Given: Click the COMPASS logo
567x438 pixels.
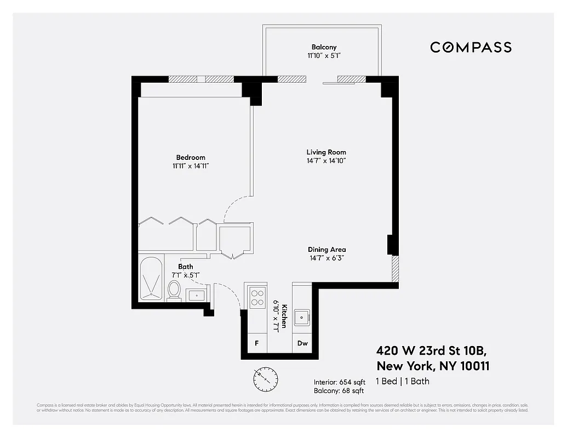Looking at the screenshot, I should [x=471, y=47].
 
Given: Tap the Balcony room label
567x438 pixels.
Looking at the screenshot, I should [x=324, y=47].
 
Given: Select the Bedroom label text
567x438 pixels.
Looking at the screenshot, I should [x=191, y=158].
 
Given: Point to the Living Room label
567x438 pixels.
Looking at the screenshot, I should [x=326, y=152].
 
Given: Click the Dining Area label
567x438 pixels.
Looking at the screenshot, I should [x=327, y=250].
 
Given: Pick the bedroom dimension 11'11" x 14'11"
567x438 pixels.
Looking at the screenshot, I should [x=191, y=166].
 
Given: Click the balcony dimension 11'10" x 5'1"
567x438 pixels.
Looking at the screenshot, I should [x=324, y=56].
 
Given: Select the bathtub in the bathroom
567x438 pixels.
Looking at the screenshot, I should [x=151, y=279].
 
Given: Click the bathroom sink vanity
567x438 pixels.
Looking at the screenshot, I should [x=196, y=296].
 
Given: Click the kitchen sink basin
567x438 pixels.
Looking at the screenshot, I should [x=301, y=317].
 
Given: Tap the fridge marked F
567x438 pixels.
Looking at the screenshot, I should [x=256, y=344].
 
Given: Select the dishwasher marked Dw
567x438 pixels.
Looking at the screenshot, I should [x=302, y=344].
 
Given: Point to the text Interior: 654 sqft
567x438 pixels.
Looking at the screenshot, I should [x=339, y=382].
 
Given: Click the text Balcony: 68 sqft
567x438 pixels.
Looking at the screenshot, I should [x=339, y=391].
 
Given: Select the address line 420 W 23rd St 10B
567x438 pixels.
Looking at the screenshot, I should [x=431, y=350].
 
